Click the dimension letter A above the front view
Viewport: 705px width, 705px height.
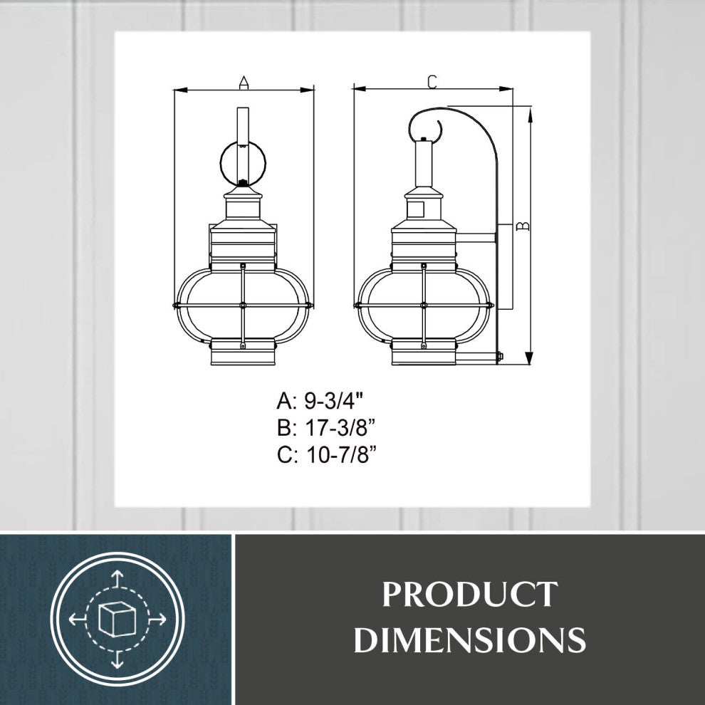(x=244, y=83)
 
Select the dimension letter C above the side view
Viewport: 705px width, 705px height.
(x=432, y=82)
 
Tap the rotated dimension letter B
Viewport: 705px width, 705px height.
(x=521, y=226)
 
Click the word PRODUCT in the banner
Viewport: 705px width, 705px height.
(x=469, y=595)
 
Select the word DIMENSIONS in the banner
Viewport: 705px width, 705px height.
(x=469, y=639)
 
